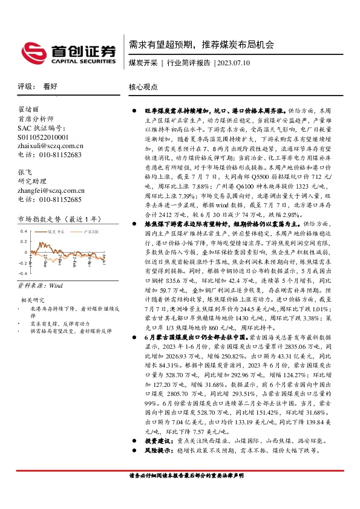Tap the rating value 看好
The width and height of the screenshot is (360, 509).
click(x=50, y=86)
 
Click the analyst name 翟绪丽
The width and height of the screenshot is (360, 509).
click(x=28, y=110)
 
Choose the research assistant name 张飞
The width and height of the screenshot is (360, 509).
click(x=25, y=173)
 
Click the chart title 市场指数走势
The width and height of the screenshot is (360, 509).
click(x=49, y=218)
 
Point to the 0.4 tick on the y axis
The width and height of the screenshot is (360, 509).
click(x=23, y=232)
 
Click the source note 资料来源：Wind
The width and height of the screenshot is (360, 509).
click(x=40, y=285)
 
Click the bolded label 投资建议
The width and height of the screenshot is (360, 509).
click(x=156, y=443)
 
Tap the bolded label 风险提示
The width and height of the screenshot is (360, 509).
click(x=156, y=452)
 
